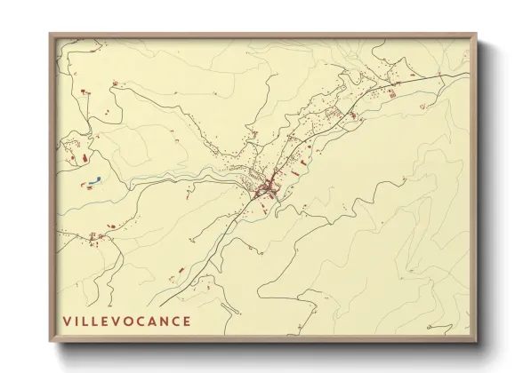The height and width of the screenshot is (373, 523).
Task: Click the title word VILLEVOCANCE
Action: (126, 320)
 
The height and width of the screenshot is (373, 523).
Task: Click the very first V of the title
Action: (67, 320)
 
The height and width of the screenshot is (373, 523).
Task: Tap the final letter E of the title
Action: (187, 320)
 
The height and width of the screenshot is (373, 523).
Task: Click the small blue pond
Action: (93, 184)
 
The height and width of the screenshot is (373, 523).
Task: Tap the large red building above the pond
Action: (74, 158)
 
